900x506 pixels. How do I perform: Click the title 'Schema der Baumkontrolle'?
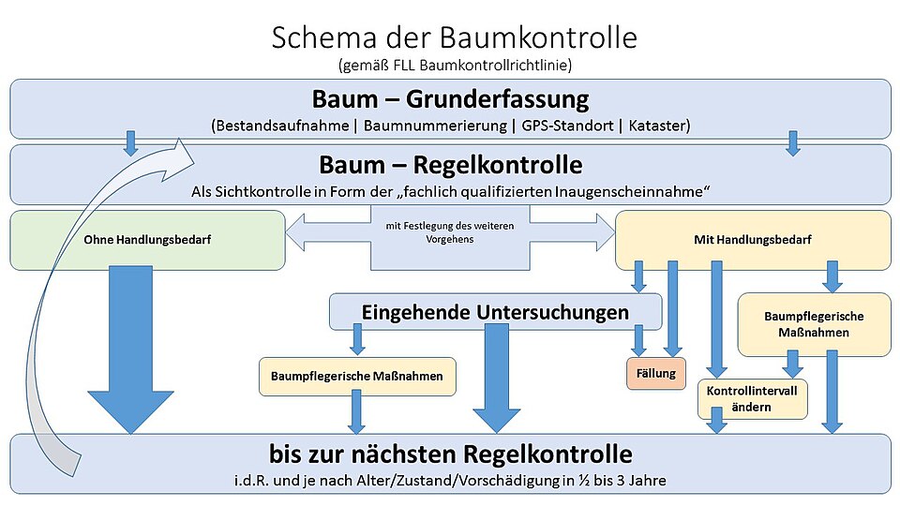point(454,37)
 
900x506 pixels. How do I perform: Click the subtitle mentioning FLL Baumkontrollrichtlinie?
point(454,65)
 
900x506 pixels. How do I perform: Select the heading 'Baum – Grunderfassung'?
point(451,99)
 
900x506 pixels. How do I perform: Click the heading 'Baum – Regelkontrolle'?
point(451,165)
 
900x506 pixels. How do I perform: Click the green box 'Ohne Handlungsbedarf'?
point(147,240)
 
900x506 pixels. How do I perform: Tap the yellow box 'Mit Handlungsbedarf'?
point(752,240)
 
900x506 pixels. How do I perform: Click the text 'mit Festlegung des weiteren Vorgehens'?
point(450,232)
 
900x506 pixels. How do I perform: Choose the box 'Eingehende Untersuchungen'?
point(495,312)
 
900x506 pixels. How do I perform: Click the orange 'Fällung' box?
point(656,373)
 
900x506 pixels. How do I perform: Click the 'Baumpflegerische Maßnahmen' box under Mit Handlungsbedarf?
point(814,324)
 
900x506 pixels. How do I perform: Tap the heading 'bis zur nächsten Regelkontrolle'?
point(451,455)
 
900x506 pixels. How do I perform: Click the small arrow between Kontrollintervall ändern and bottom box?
point(717,424)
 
